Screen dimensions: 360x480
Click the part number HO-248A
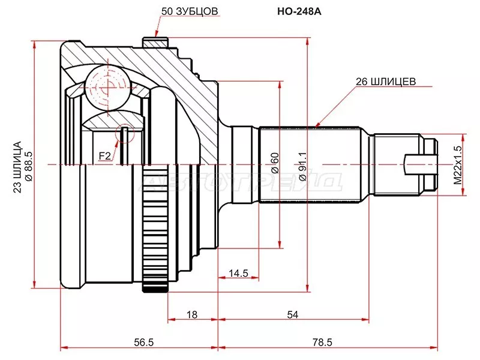[296, 11]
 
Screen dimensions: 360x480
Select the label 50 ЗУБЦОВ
[190, 11]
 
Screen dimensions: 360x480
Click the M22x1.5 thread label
[458, 164]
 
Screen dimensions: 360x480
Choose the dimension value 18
[192, 314]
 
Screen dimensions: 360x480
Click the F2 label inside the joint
[104, 157]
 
